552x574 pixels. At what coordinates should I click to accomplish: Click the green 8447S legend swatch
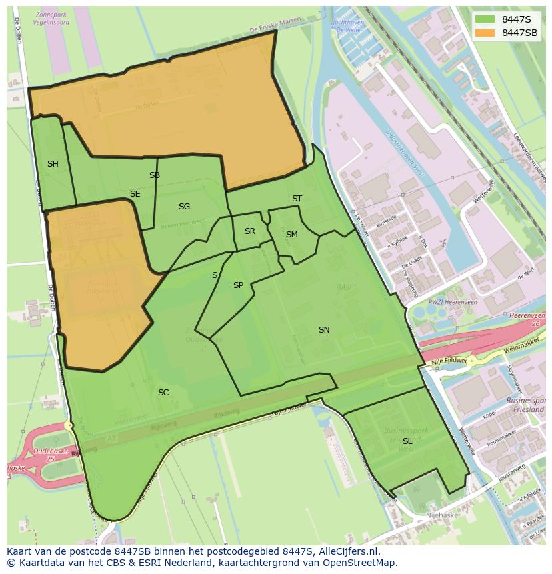click(485, 19)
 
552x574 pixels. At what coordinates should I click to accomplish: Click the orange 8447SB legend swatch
click(485, 33)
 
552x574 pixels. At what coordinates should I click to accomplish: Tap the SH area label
click(53, 164)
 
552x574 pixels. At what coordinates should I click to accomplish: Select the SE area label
click(135, 194)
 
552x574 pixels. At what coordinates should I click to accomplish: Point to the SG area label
click(184, 207)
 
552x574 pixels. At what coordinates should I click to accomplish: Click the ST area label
click(297, 199)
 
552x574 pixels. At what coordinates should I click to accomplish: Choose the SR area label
click(249, 231)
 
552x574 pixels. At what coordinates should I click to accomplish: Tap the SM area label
click(291, 235)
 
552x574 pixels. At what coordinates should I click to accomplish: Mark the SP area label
click(238, 285)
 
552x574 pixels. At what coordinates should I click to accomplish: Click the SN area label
click(324, 330)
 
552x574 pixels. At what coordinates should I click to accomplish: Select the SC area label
click(163, 393)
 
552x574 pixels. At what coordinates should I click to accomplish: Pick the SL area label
click(407, 441)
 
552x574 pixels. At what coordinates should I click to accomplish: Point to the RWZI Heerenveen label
click(435, 301)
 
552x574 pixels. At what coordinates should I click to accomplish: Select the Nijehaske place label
click(442, 515)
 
